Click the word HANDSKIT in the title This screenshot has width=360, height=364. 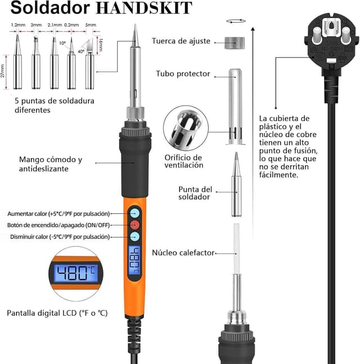144,8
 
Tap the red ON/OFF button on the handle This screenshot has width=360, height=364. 134,225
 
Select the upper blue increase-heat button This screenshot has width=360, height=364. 134,213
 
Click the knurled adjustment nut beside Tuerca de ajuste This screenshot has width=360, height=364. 235,43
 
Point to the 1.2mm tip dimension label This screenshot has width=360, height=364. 18,25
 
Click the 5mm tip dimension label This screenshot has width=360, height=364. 91,25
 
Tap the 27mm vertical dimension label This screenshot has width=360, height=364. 3,71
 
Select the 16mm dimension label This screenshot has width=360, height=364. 101,44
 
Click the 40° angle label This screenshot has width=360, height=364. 81,51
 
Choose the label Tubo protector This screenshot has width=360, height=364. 183,74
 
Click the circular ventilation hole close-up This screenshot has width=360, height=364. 186,128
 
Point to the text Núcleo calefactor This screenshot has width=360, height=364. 183,253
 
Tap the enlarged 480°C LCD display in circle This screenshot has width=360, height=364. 76,273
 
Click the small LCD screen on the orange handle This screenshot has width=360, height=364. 134,260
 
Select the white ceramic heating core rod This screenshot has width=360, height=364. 236,249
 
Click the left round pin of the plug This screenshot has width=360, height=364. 317,35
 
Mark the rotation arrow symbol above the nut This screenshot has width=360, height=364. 236,21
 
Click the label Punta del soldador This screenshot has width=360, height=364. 195,193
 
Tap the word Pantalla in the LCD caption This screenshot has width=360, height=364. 20,313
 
